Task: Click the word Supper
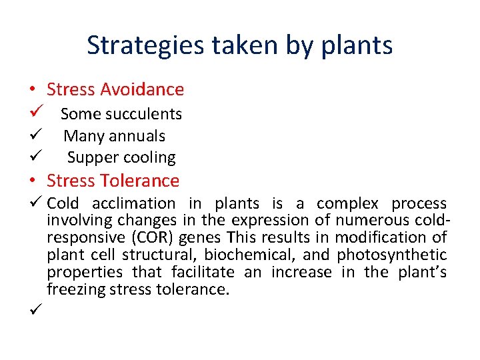(x=91, y=158)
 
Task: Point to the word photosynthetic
(x=391, y=255)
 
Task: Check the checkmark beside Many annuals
(x=36, y=135)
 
